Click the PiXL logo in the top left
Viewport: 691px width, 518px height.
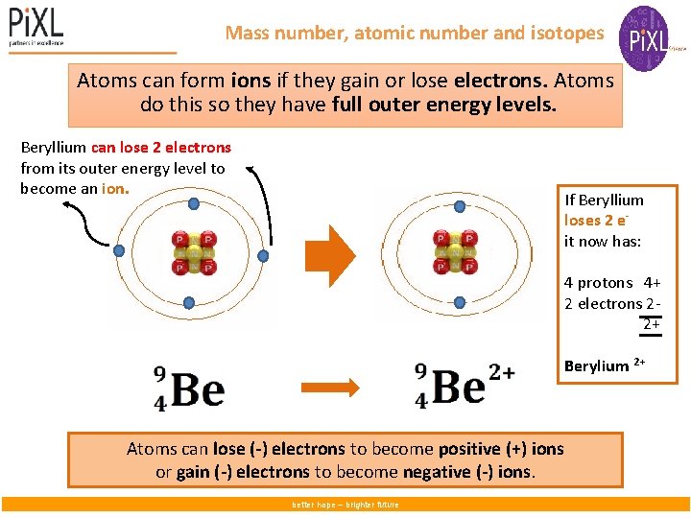tap(36, 26)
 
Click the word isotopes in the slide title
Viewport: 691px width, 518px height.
tap(567, 34)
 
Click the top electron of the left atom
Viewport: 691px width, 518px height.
tap(194, 204)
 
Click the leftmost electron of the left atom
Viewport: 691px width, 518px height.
tap(119, 251)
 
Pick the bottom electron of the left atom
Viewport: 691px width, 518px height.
tap(189, 303)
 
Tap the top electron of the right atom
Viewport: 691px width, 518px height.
tap(459, 205)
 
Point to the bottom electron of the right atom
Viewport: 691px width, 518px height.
tap(459, 302)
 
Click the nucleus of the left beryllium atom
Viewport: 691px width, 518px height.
tap(192, 253)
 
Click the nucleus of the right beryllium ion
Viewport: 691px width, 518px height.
tap(456, 253)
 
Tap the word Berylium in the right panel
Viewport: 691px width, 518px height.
tap(596, 366)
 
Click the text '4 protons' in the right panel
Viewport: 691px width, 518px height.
tap(599, 282)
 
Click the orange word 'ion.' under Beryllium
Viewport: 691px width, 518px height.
tap(115, 189)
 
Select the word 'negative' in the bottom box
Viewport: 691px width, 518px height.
tap(467, 472)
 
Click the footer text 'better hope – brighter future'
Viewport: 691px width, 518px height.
tap(345, 505)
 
